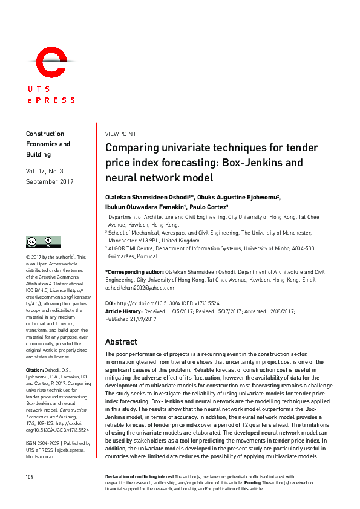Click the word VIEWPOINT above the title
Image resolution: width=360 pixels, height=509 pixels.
[120, 134]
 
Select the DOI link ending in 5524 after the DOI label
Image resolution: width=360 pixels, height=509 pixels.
[182, 303]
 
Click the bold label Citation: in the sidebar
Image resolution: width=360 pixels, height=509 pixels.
[34, 369]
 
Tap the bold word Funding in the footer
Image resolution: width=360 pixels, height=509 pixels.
[252, 483]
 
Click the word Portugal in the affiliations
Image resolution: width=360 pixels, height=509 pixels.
[146, 256]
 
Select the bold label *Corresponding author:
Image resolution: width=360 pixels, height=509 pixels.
[134, 273]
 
